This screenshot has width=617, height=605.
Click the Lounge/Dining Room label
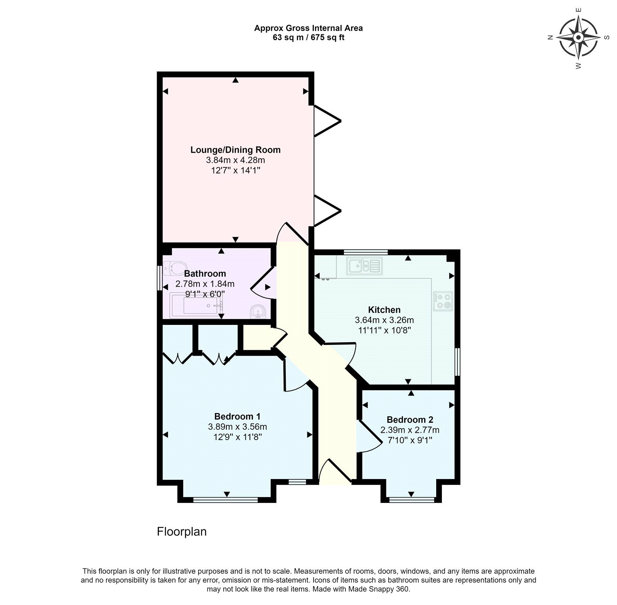tap(235, 150)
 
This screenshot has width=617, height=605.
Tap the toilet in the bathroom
tap(174, 268)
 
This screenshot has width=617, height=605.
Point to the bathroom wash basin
tap(257, 312)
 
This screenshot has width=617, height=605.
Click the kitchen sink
tap(364, 266)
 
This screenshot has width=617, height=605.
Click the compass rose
tap(578, 37)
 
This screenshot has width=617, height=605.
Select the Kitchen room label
tap(384, 310)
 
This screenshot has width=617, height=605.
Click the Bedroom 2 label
tap(410, 420)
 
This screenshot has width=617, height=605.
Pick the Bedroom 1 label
tap(237, 417)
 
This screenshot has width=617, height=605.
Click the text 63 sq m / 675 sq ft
tap(308, 38)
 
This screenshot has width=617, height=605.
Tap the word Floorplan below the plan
tap(182, 532)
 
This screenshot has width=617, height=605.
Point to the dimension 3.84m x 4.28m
tap(235, 160)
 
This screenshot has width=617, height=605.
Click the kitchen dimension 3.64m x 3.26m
tap(384, 320)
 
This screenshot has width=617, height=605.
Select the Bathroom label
tap(205, 274)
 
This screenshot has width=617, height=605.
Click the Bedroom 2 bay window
tap(411, 500)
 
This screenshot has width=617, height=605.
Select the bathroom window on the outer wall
tap(160, 278)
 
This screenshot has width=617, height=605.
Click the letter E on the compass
tap(578, 10)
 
